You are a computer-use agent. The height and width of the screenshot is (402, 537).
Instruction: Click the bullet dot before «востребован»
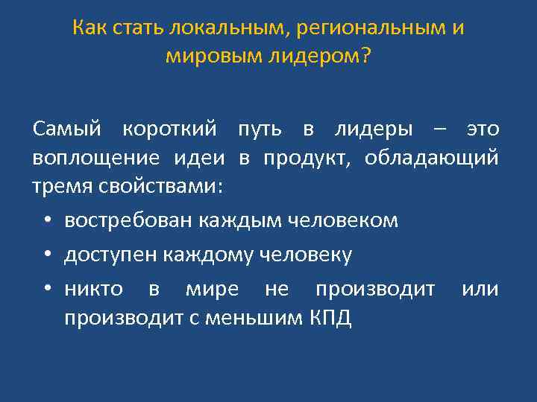(x=47, y=221)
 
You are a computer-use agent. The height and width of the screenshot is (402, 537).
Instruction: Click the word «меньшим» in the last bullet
(x=263, y=318)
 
